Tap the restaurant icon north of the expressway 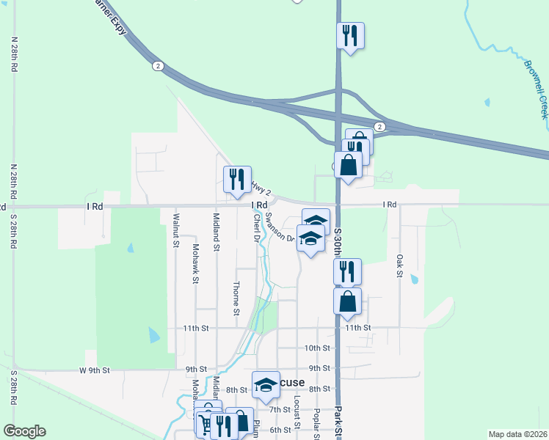(x=350, y=35)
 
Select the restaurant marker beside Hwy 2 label (x=236, y=180)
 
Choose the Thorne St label (x=237, y=298)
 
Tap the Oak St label (x=400, y=265)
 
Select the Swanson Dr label (x=279, y=227)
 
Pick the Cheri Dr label (x=257, y=227)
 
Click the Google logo (x=24, y=431)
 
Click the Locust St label (x=297, y=411)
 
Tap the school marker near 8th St (x=266, y=384)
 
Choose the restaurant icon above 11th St (x=347, y=271)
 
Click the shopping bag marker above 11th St (x=347, y=301)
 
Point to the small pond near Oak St (x=414, y=279)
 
